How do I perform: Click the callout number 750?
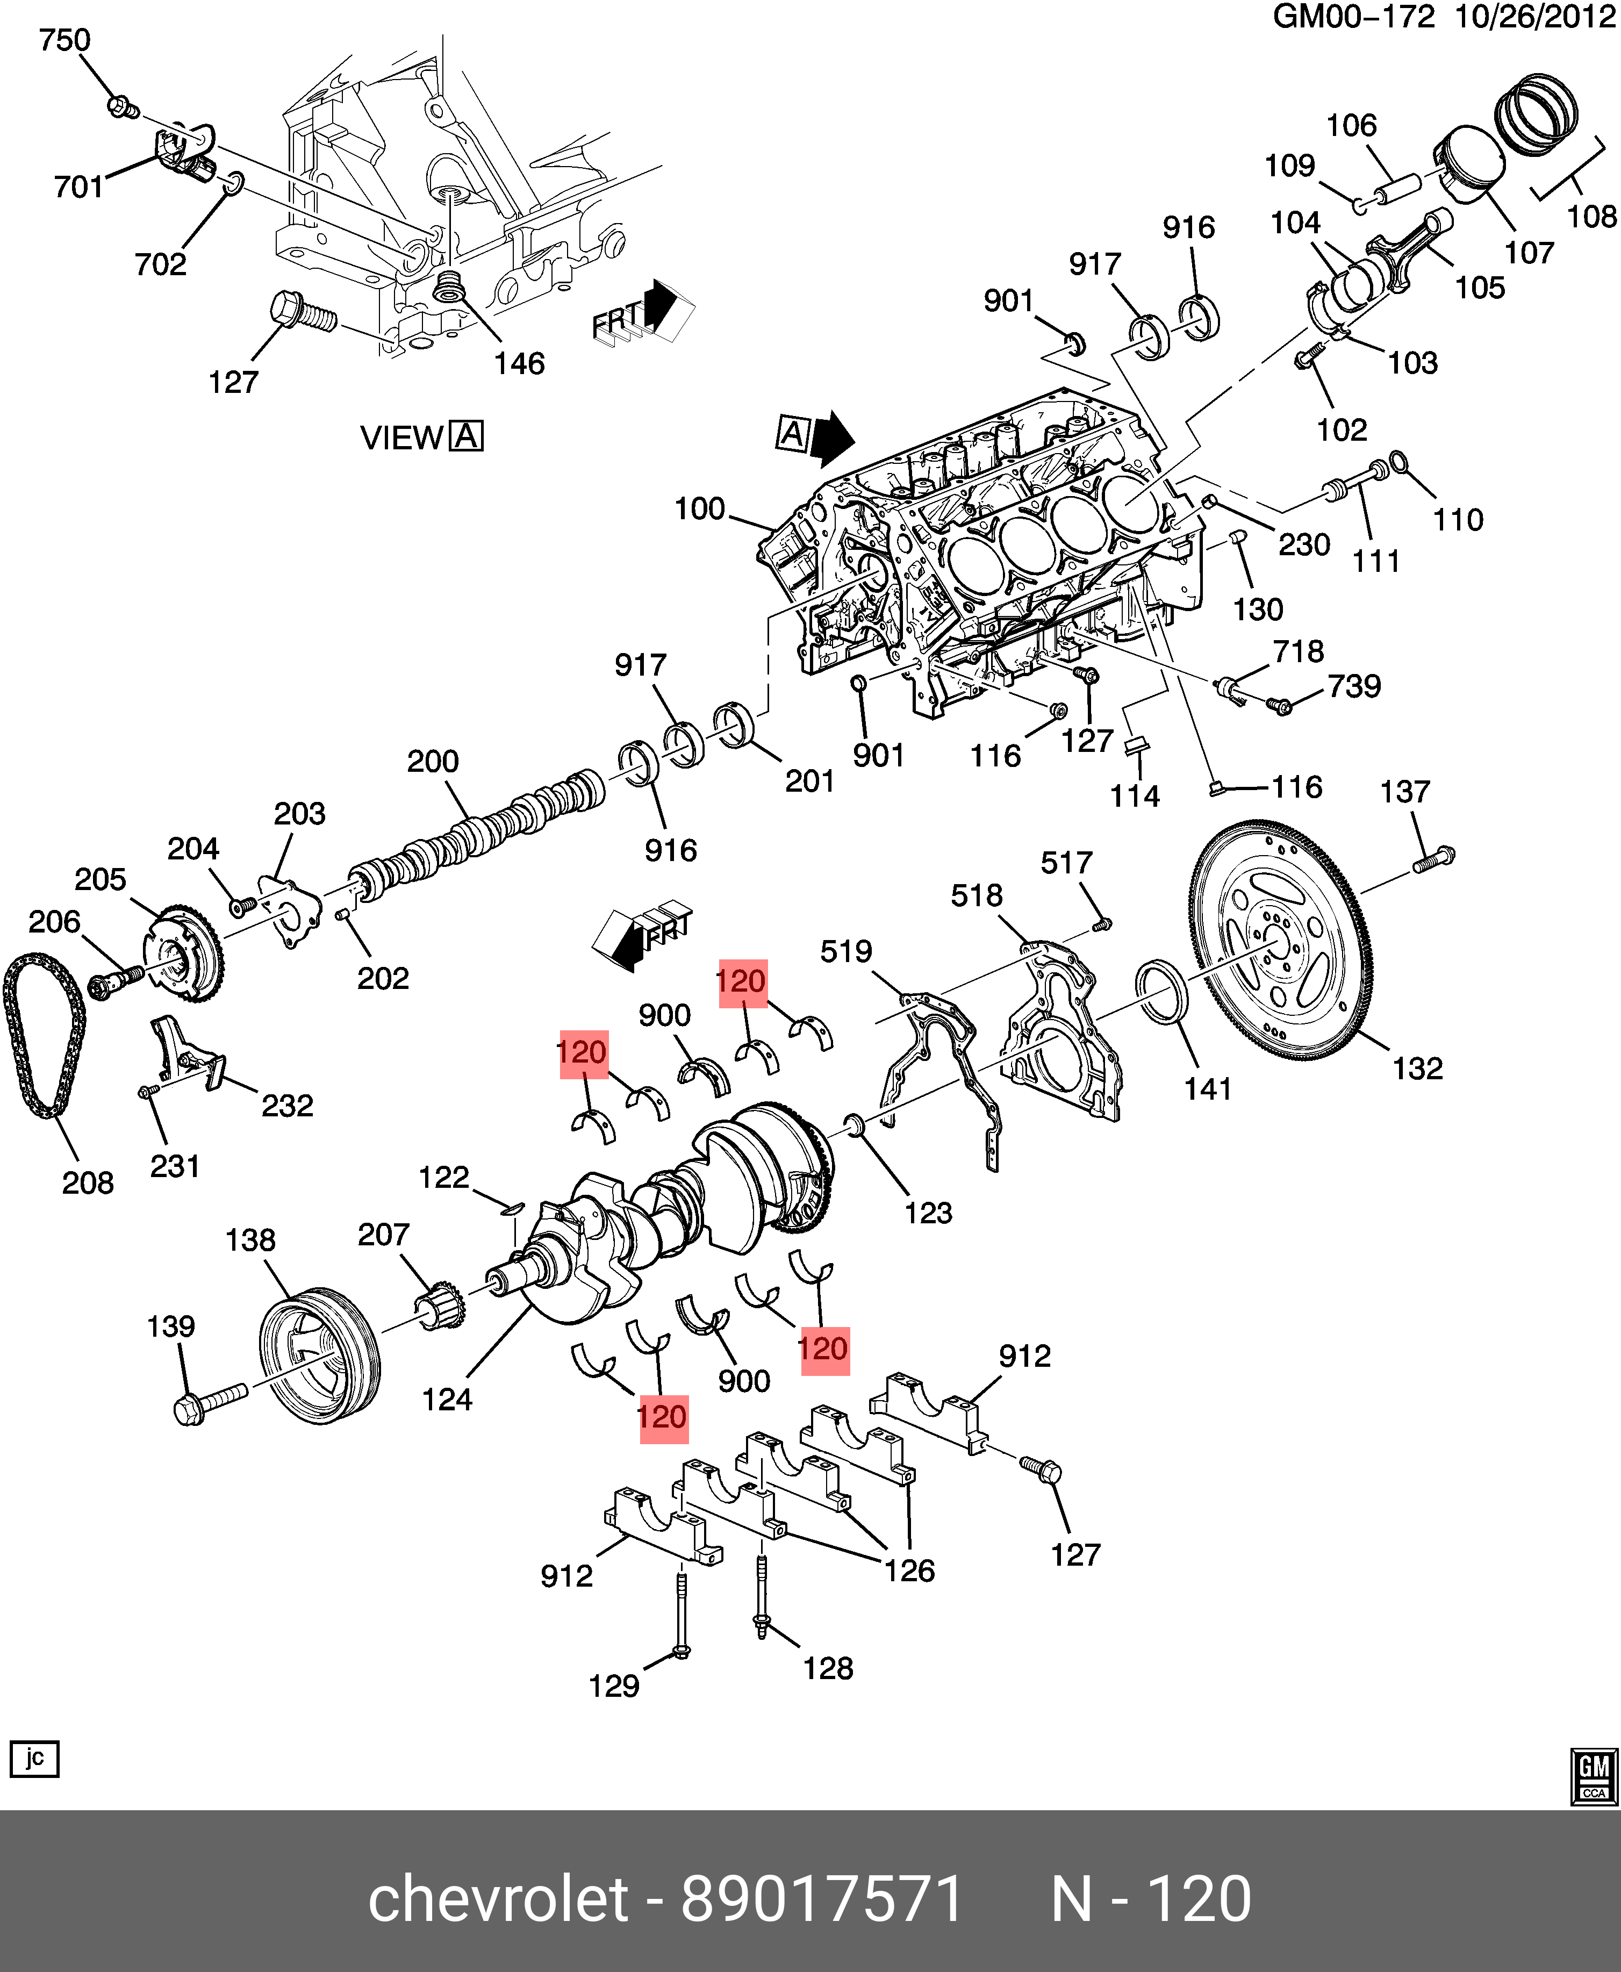click(x=64, y=40)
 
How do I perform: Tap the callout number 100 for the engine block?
click(x=699, y=509)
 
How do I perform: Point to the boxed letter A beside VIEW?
click(x=466, y=437)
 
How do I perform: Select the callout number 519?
click(x=846, y=951)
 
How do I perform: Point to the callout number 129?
click(x=613, y=1686)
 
